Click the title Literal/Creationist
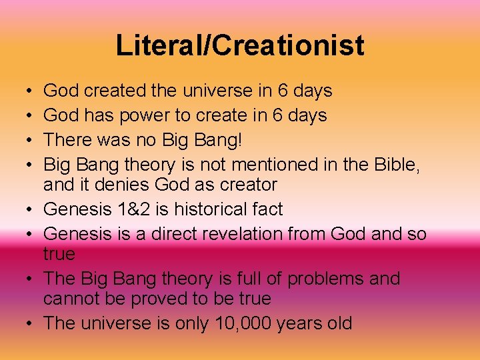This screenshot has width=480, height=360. [240, 45]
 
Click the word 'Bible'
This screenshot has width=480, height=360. [399, 165]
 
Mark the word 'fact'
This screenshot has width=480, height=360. [266, 209]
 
